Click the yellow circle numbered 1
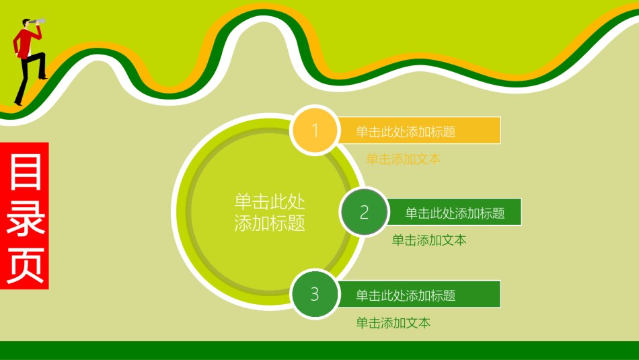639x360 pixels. [315, 130]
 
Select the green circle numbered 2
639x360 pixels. [365, 213]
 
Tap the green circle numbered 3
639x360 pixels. [315, 294]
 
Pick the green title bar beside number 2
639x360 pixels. [454, 213]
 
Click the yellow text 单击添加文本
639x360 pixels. [403, 159]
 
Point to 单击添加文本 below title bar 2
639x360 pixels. [429, 240]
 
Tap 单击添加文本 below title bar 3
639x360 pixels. [393, 323]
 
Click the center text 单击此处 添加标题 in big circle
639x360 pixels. [270, 213]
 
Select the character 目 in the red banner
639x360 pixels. [25, 172]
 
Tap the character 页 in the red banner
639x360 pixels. [25, 262]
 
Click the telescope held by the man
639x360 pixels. [38, 24]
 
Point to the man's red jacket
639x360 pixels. [24, 43]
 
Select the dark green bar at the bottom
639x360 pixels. [319, 350]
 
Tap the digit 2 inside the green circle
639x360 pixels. [365, 213]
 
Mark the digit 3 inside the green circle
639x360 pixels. [315, 294]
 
